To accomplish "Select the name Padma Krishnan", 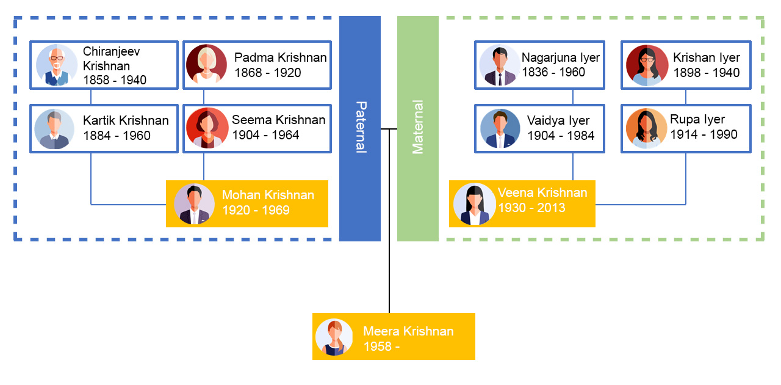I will pos(280,57).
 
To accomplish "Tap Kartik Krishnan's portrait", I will pos(55,129).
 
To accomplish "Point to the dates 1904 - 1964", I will pos(265,135).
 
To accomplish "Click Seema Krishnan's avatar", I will pos(207,128).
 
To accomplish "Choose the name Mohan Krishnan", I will pos(268,196).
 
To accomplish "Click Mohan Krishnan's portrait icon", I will pos(194,204).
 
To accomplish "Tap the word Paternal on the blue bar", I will pos(360,128).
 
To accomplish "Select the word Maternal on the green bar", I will pos(418,128).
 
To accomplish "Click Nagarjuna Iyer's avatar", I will pos(499,65).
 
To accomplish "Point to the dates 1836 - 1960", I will pos(553,72).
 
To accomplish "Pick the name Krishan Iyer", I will pos(706,57).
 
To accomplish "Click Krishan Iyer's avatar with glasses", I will pos(647,65).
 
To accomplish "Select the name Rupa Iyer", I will pos(697,119).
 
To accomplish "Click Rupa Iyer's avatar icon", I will pos(646,128).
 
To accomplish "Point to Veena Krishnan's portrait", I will pos(474,204).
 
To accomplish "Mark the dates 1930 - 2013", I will pos(531,208).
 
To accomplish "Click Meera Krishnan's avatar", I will pos(334,337).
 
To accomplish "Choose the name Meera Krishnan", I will pos(408,331).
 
